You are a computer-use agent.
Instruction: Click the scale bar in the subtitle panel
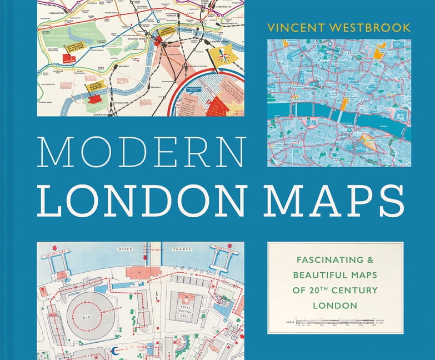pyautogui.click(x=335, y=322)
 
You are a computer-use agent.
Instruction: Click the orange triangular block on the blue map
pyautogui.click(x=367, y=141)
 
